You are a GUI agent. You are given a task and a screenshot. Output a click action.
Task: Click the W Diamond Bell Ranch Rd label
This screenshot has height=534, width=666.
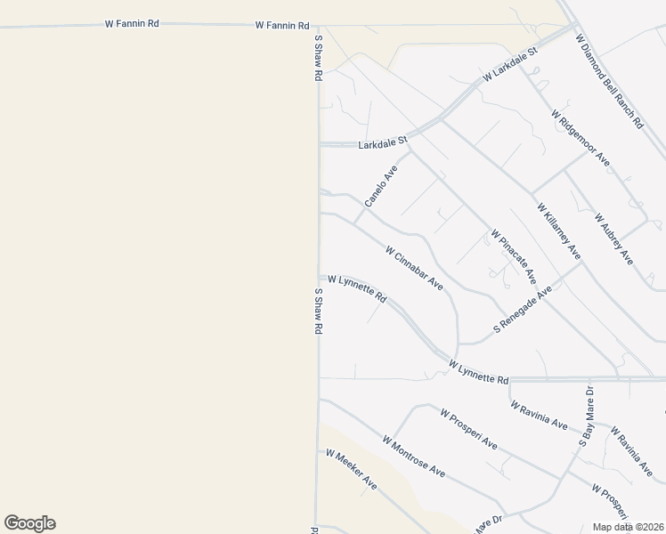pos(609,82)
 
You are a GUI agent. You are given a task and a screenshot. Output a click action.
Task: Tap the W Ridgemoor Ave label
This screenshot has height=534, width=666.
pos(580,138)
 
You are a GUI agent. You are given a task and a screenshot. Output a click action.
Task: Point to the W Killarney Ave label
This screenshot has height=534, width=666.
pos(558,231)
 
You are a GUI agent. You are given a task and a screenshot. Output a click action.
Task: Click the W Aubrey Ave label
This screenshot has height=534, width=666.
pos(613,239)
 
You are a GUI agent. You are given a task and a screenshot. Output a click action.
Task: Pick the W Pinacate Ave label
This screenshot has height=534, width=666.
pos(513,256)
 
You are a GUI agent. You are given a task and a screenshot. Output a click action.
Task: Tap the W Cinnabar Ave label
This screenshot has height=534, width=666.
pos(414,268)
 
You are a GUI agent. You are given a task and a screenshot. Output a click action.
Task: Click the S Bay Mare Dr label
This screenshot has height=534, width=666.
pos(587,415)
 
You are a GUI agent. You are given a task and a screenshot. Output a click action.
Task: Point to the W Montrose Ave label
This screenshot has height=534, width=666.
pos(413,455)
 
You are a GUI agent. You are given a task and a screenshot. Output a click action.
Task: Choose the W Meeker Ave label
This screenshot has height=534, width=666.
pos(351,469)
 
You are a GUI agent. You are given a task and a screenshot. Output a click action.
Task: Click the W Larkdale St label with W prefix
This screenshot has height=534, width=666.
pos(511,66)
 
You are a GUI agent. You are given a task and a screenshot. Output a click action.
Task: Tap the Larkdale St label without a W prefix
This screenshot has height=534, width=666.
pos(382,142)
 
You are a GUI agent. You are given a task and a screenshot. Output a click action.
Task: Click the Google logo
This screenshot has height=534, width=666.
pos(29,522)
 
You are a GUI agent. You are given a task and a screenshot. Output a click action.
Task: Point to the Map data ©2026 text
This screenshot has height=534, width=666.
pos(627,527)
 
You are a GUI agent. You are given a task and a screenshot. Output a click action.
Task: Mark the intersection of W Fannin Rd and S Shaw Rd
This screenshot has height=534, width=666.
pos(317,26)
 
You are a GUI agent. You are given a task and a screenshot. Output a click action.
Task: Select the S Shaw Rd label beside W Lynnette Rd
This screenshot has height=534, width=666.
pos(317,310)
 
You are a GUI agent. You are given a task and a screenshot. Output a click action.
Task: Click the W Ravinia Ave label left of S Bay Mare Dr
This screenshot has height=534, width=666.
pos(539,416)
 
